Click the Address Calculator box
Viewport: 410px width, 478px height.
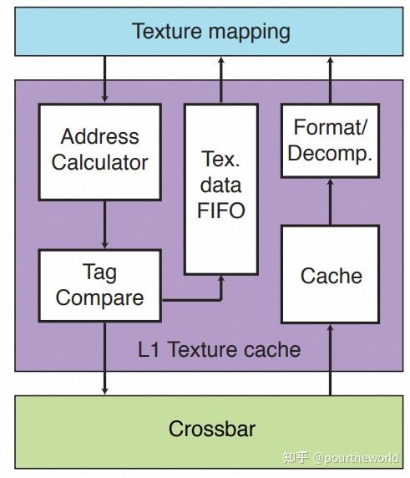(99, 151)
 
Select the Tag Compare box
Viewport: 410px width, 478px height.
(99, 284)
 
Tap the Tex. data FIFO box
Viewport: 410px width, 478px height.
(220, 190)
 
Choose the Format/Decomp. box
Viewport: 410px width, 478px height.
(331, 141)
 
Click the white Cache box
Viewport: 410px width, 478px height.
(331, 275)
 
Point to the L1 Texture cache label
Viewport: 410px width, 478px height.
(219, 348)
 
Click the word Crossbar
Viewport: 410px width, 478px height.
(211, 430)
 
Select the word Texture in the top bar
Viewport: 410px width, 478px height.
(170, 32)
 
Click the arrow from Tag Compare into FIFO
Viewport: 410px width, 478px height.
(200, 297)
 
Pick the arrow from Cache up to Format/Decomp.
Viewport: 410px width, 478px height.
(331, 201)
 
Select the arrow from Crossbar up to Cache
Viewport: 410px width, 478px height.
(331, 359)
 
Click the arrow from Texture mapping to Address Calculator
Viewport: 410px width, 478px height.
(104, 81)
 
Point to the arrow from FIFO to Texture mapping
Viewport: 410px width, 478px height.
(220, 81)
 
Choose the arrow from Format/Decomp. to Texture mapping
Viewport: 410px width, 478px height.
(331, 81)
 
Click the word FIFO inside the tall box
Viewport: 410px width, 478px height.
(221, 210)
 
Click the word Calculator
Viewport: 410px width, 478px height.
(99, 162)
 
